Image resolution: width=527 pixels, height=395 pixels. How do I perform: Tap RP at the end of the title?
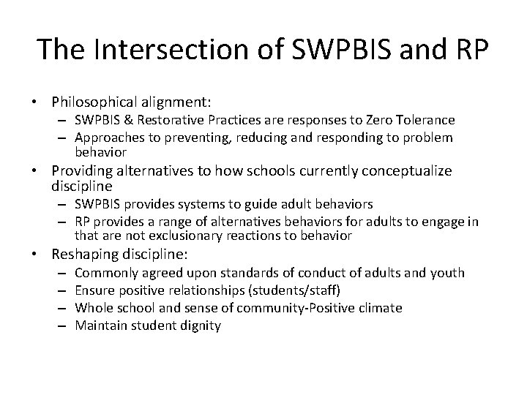[468, 50]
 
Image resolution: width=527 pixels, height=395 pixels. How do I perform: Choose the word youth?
[447, 273]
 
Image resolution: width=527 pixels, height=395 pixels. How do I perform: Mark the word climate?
[381, 308]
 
